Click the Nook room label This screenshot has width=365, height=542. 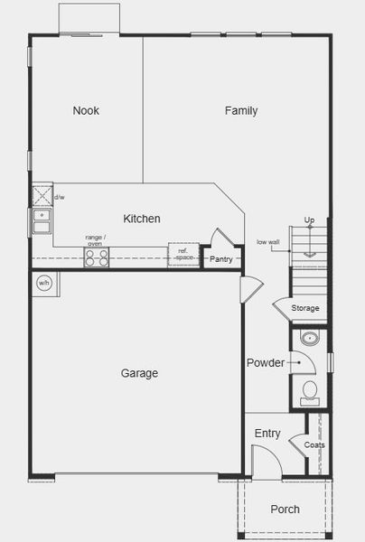(x=87, y=111)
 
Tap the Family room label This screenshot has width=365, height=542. (x=241, y=111)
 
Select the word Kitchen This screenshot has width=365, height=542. (x=142, y=219)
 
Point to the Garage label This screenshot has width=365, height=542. (x=140, y=373)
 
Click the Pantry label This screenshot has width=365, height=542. (x=221, y=259)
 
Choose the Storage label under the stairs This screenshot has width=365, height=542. (x=305, y=309)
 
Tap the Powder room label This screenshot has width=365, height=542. (x=266, y=363)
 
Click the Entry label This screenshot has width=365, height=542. (x=267, y=434)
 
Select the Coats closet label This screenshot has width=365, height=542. (x=314, y=445)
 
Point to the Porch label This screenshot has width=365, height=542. (x=285, y=509)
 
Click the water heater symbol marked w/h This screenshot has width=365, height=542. (x=43, y=283)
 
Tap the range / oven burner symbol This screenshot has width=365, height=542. (x=96, y=257)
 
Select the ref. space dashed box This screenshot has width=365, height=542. (x=182, y=255)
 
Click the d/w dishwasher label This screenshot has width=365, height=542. (x=60, y=197)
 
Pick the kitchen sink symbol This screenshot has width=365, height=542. (x=42, y=220)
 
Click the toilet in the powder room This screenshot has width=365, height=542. (x=310, y=391)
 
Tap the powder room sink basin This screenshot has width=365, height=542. (x=310, y=341)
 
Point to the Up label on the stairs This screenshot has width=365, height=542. (x=309, y=220)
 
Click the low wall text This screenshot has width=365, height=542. (x=267, y=242)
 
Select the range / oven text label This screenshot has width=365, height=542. (x=95, y=240)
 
